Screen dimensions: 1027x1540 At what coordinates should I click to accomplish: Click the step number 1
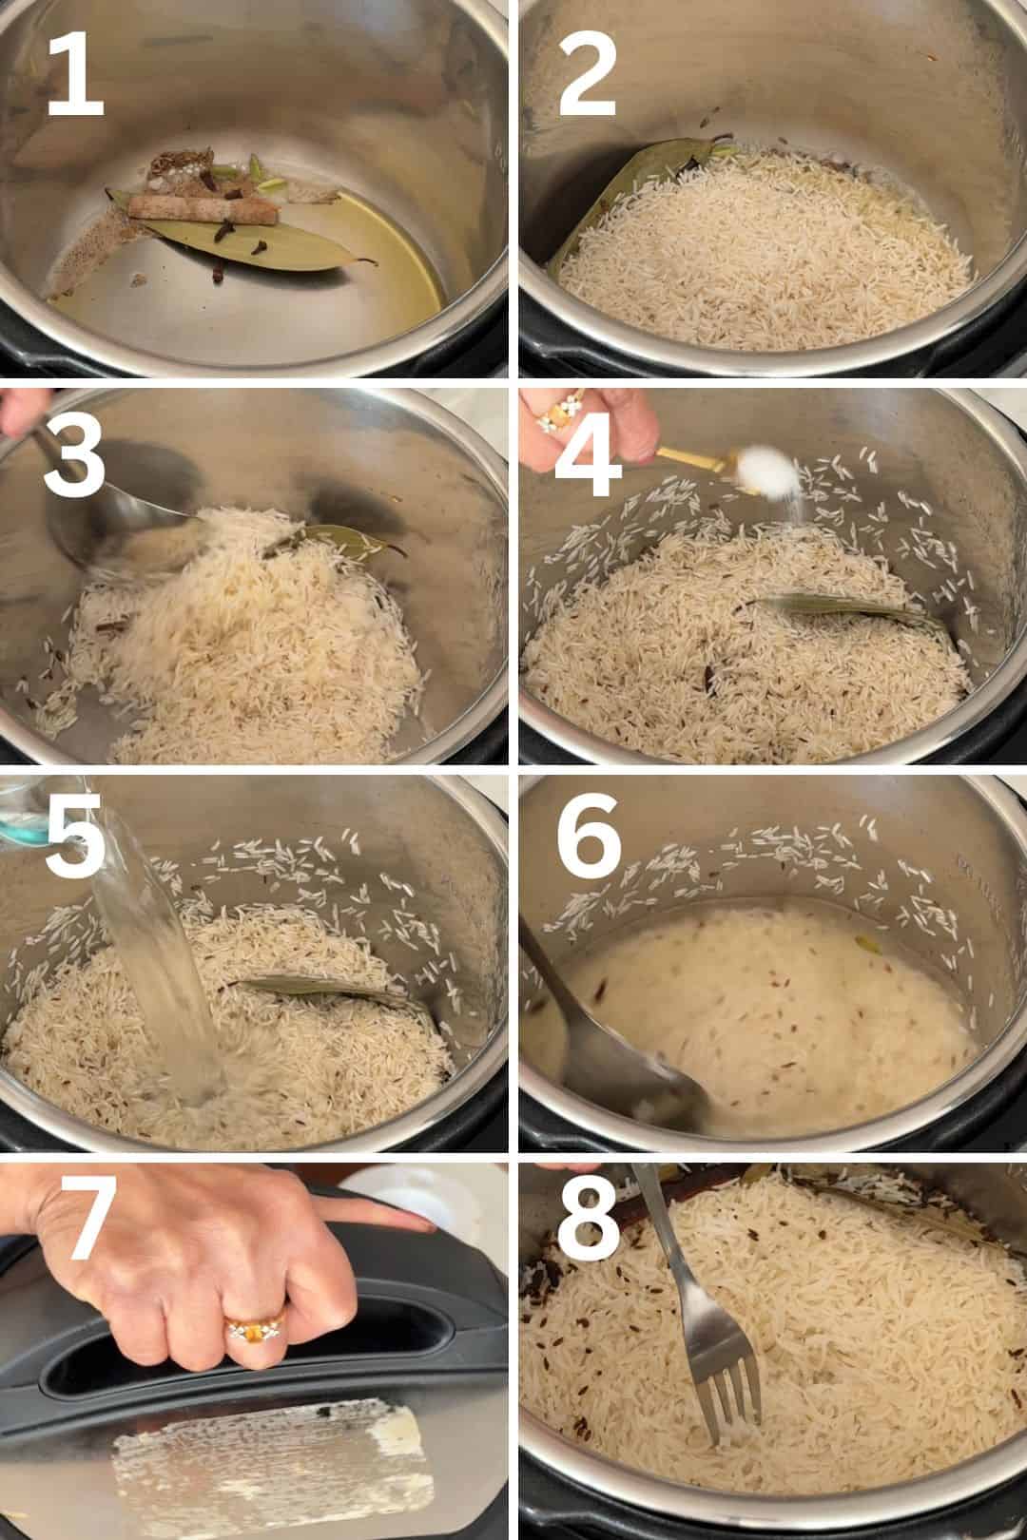click(76, 73)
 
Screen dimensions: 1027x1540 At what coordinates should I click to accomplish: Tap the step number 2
click(588, 73)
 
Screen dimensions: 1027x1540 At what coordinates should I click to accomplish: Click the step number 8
click(588, 1218)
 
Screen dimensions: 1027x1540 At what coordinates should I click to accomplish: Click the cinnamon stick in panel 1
click(203, 208)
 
